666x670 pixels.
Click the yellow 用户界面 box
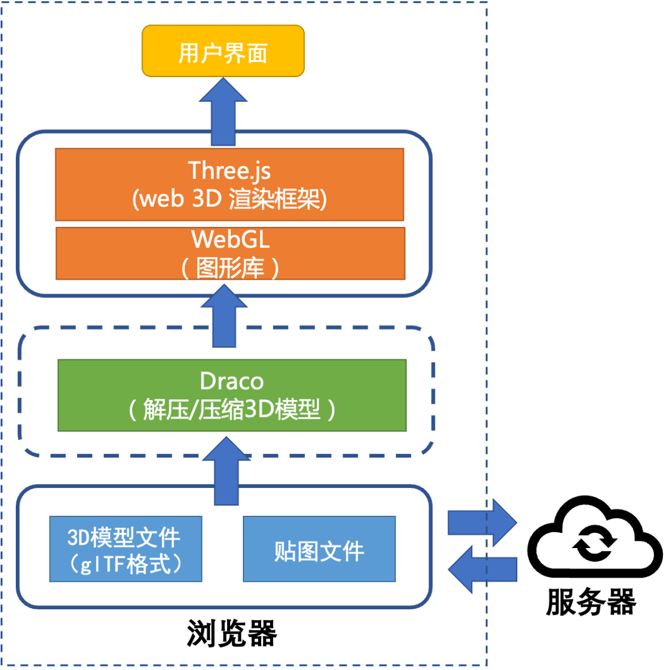(223, 51)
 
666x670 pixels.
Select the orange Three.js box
(229, 184)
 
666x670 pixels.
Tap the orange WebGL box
(230, 254)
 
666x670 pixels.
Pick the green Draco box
(231, 396)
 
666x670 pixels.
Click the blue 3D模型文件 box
(126, 549)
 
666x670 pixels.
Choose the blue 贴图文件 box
(319, 549)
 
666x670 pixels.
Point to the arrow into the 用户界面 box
(223, 112)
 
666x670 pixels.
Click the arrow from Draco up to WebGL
(224, 316)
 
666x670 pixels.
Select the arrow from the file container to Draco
(226, 472)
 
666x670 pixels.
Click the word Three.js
(229, 171)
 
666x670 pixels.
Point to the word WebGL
(230, 240)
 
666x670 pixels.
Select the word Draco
(231, 382)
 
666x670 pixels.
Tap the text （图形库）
(230, 268)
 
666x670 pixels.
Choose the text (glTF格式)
(126, 564)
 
